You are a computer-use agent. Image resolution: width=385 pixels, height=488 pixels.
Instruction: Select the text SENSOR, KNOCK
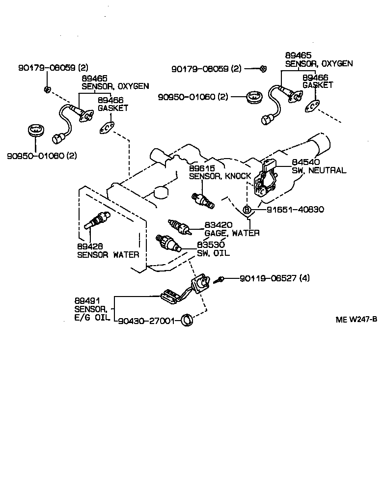220,176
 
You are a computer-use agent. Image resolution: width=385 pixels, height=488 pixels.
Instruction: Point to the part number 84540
306,163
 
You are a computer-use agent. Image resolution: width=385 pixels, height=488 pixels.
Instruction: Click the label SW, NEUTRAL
319,170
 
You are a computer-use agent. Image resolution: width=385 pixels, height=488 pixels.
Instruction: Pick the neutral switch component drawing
266,181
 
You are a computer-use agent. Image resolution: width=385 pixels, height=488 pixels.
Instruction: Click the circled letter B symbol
247,210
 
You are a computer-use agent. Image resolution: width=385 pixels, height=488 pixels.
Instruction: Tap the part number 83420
219,225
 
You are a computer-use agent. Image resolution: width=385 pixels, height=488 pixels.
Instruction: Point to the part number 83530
211,244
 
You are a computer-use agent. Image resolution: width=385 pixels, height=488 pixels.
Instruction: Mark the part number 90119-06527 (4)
275,278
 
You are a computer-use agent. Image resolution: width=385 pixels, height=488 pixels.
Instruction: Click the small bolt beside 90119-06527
220,279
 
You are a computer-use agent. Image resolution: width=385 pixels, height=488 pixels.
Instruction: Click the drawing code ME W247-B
356,320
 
